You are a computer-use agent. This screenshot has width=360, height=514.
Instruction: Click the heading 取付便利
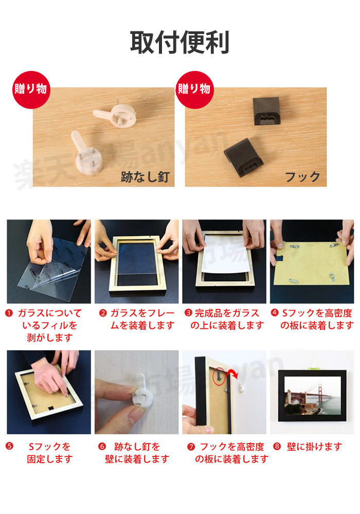pyautogui.click(x=179, y=42)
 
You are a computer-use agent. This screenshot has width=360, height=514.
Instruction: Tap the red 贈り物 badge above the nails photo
pyautogui.click(x=31, y=89)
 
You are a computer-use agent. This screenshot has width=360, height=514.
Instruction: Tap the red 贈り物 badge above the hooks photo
pyautogui.click(x=194, y=89)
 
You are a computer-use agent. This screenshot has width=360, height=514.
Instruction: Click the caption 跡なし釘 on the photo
pyautogui.click(x=145, y=177)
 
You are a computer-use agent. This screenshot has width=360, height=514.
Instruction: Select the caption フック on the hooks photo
pyautogui.click(x=302, y=177)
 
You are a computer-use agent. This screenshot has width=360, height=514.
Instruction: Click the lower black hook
pyautogui.click(x=243, y=158)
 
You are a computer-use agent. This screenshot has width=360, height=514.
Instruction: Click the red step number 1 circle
pyautogui.click(x=9, y=313)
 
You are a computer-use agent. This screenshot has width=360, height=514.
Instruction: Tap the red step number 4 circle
pyautogui.click(x=275, y=313)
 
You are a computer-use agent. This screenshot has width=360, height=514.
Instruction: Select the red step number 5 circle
pyautogui.click(x=9, y=446)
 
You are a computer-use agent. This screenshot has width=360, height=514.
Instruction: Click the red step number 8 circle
pyautogui.click(x=277, y=446)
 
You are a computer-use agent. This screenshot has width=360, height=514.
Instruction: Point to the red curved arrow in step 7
pyautogui.click(x=233, y=373)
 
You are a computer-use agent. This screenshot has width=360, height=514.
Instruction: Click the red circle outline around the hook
pyautogui.click(x=219, y=376)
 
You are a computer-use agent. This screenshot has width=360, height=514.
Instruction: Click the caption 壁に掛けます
pyautogui.click(x=314, y=447)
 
